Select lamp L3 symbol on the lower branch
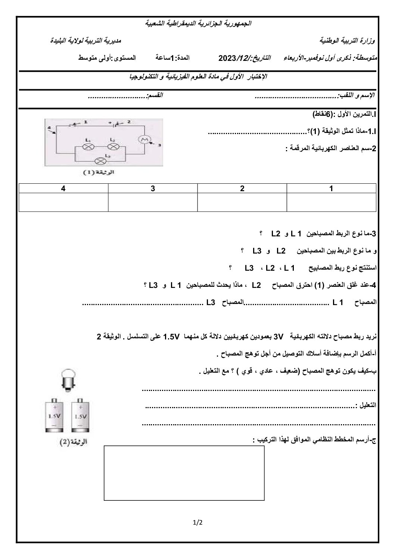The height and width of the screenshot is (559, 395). tap(100, 161)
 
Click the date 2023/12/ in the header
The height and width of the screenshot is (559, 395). tap(233, 58)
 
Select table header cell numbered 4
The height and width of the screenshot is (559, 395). tap(63, 189)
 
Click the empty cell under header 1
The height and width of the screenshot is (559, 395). tap(331, 202)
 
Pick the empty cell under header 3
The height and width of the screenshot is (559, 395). tap(153, 202)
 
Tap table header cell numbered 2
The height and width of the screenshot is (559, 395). tap(242, 189)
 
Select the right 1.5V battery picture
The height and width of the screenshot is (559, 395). tap(80, 415)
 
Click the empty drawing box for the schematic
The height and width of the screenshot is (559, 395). tap(184, 473)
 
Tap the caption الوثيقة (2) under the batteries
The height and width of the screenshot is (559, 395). tap(74, 442)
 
